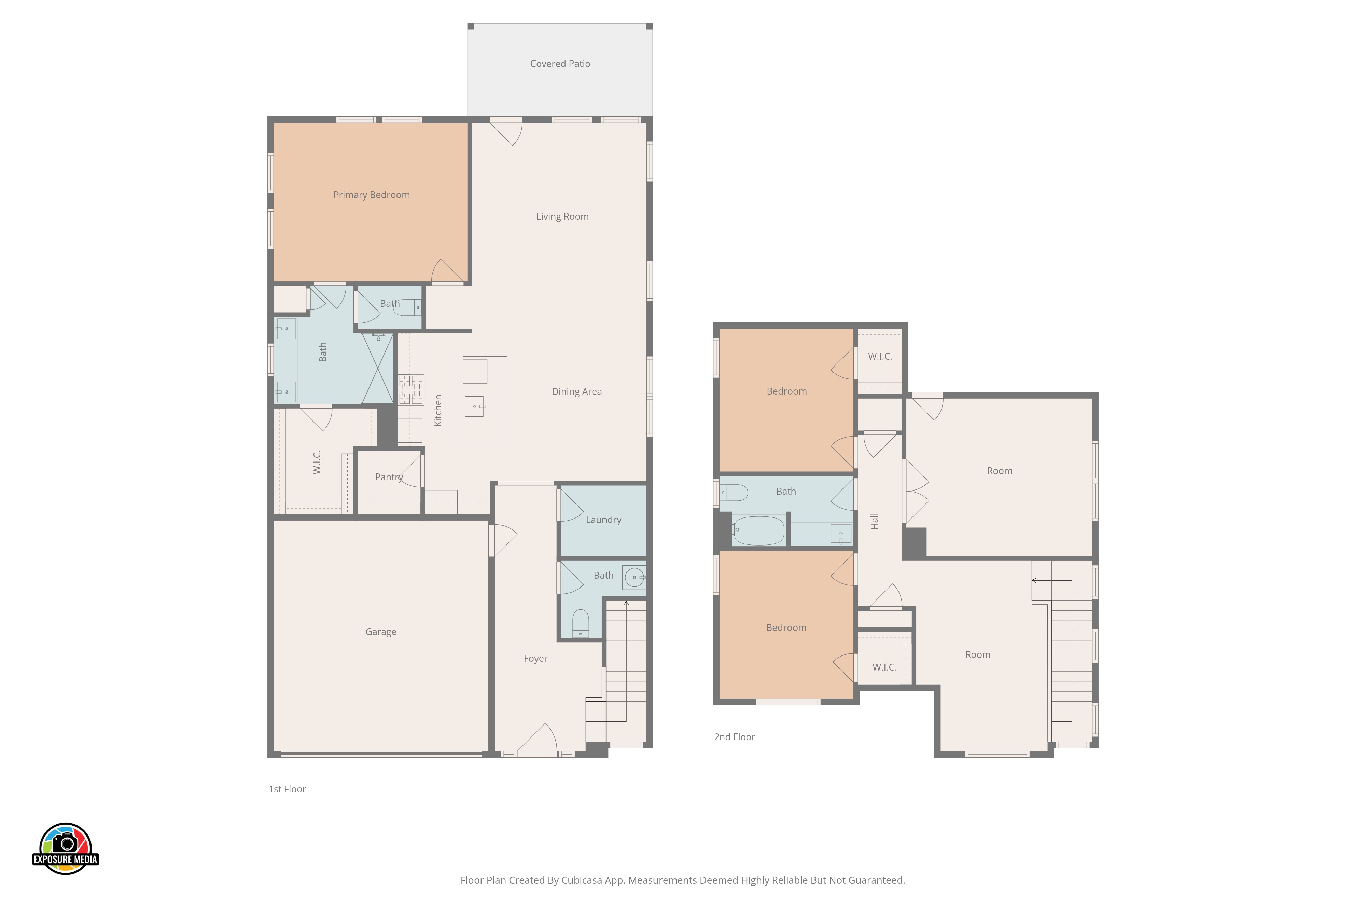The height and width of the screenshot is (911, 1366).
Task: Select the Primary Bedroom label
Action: (x=372, y=195)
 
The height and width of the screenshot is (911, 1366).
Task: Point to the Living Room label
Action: (x=562, y=217)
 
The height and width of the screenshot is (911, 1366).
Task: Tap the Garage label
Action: (x=381, y=632)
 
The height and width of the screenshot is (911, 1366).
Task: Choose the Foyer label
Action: (x=535, y=659)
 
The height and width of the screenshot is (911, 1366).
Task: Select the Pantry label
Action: (x=389, y=478)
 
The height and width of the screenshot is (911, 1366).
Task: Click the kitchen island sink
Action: (x=474, y=406)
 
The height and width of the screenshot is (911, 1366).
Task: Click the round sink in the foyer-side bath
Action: (x=634, y=578)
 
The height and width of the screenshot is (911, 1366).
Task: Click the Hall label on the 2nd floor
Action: (x=875, y=521)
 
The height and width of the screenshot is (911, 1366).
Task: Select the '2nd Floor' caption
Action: (x=735, y=737)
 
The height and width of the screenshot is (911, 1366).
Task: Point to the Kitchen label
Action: (x=438, y=411)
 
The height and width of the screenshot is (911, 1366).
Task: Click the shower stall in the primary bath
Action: (x=377, y=368)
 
